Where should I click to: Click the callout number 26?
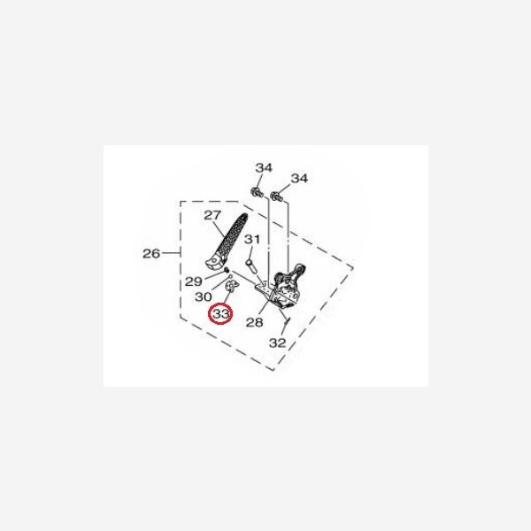151,253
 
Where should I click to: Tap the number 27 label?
212,215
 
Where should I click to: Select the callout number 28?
254,322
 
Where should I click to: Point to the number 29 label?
193,281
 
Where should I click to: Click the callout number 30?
204,297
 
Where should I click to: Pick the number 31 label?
252,240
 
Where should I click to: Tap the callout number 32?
277,343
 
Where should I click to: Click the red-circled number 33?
220,314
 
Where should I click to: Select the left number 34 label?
264,167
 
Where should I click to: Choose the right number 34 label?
299,178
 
